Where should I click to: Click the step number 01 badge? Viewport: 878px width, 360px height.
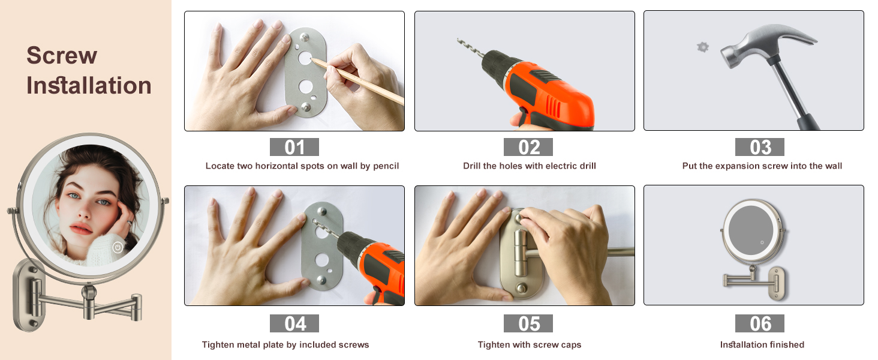click(294, 147)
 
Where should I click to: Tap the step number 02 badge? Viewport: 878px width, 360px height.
click(528, 147)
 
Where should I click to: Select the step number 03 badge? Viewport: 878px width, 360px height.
click(760, 147)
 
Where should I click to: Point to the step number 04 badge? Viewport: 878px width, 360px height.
click(294, 323)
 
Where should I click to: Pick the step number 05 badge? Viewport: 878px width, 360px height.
click(528, 323)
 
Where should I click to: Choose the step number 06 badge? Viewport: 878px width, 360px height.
click(760, 323)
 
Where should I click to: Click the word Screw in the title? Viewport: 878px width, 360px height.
click(62, 55)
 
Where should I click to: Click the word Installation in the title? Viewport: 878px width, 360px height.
click(89, 85)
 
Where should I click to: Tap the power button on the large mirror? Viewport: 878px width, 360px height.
click(118, 247)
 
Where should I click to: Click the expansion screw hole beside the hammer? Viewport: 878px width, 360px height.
click(703, 47)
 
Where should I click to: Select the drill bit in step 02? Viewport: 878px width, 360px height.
click(471, 49)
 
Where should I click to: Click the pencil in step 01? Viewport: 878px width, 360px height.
click(357, 81)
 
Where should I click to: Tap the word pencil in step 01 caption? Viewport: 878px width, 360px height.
click(386, 166)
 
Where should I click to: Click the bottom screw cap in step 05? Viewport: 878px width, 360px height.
click(521, 289)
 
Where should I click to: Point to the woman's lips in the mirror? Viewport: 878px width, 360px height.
click(81, 228)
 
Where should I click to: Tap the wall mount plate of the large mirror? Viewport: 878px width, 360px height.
click(29, 295)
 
